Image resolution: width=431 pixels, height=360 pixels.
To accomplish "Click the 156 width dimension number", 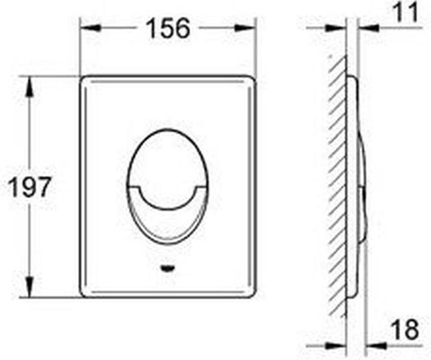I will click(x=169, y=28).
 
